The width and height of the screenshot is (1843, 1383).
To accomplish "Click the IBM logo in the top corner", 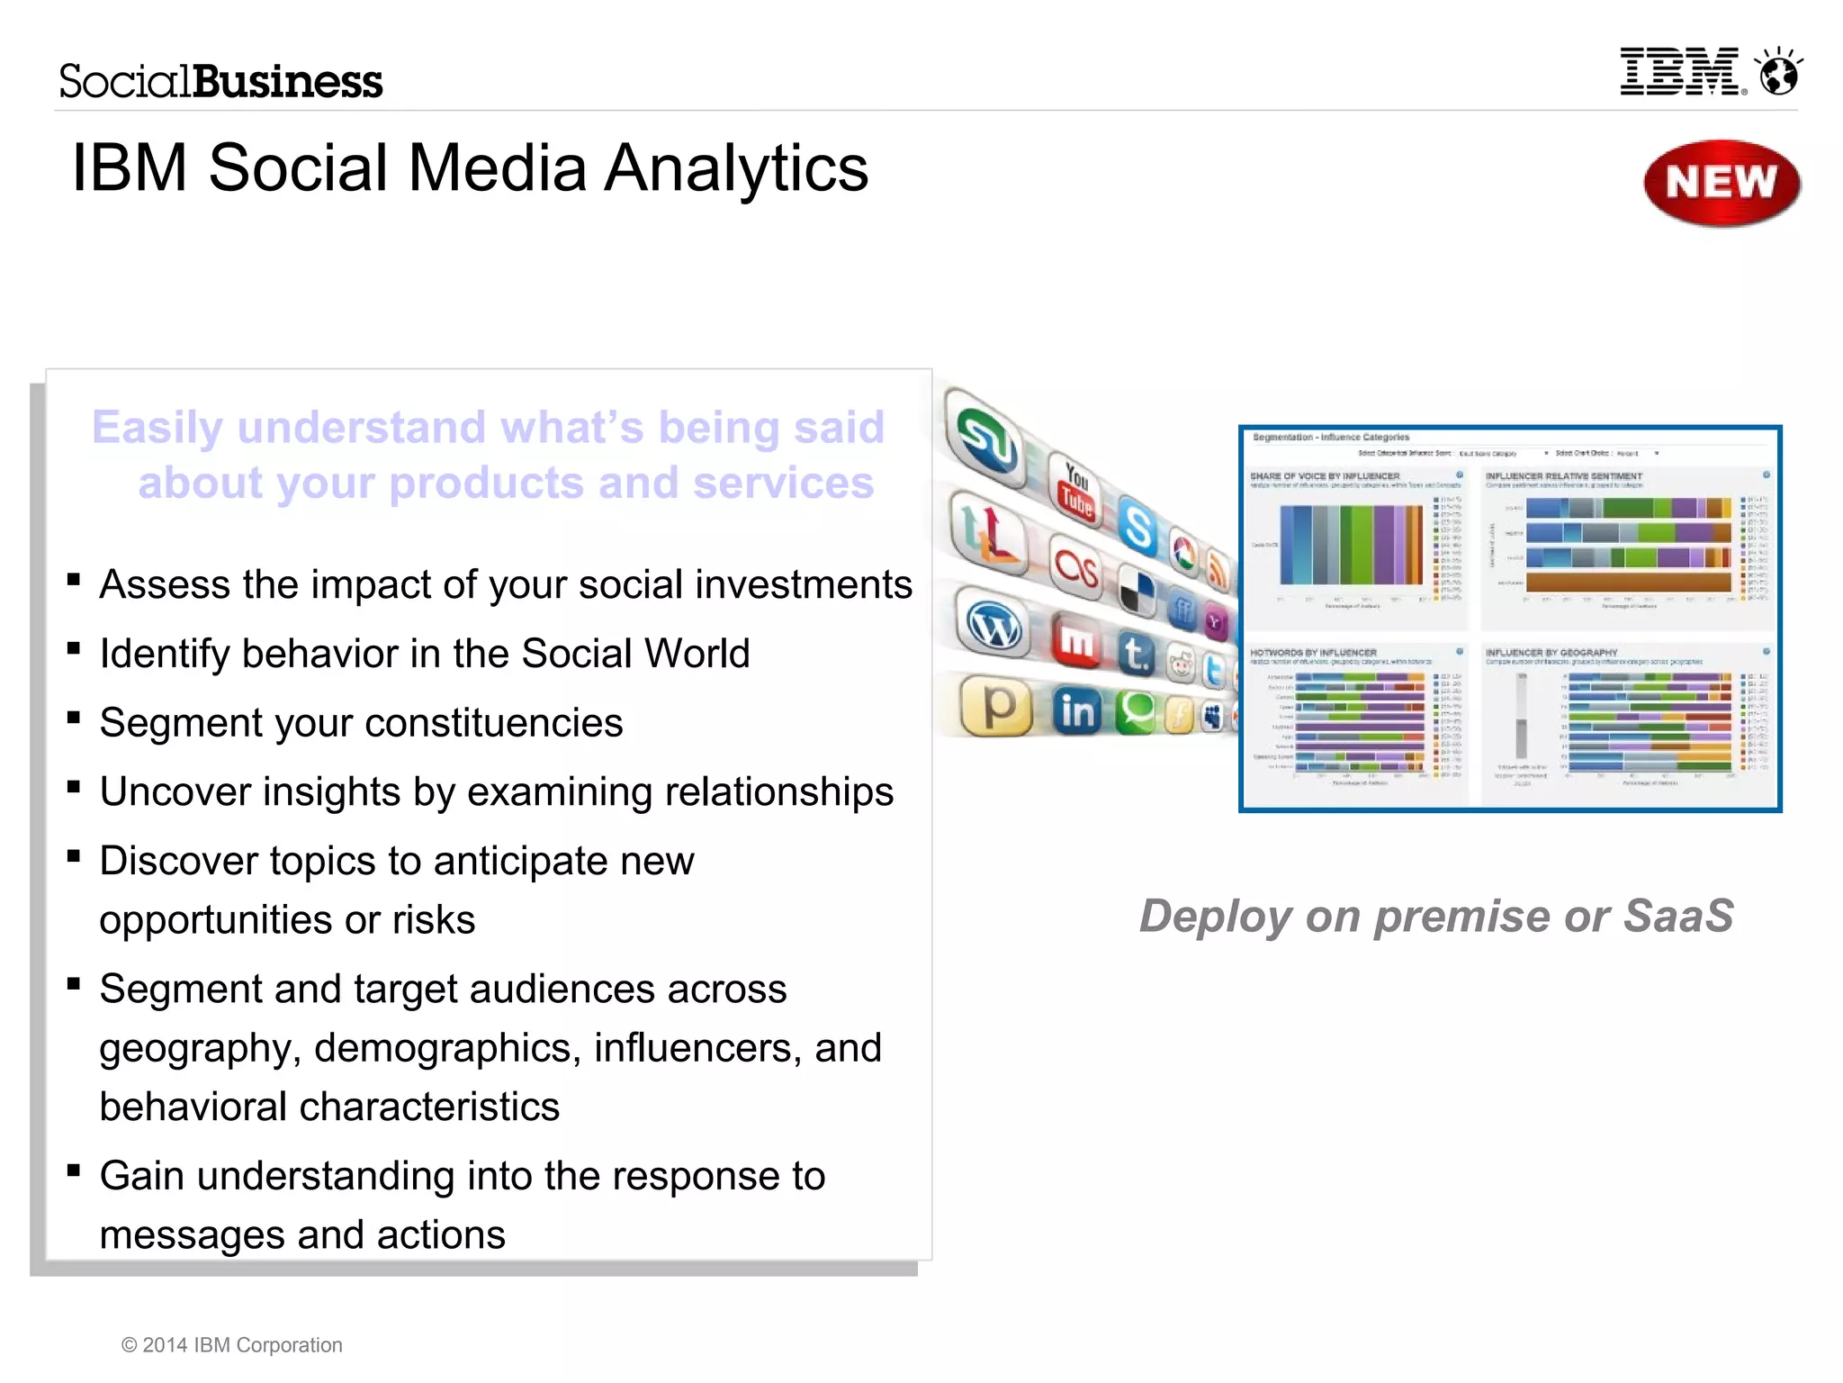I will (1681, 73).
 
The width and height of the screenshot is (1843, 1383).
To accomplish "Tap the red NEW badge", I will (1721, 183).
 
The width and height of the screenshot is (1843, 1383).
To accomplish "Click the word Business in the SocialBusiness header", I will (288, 82).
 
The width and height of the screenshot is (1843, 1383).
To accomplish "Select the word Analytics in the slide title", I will (735, 168).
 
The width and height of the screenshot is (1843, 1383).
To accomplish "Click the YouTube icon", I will (1076, 491).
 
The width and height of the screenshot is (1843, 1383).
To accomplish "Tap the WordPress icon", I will (993, 626).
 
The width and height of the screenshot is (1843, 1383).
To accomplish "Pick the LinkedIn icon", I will (1077, 711).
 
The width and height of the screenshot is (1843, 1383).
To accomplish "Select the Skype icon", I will (1138, 527).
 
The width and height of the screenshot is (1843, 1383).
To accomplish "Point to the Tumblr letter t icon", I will (1136, 653).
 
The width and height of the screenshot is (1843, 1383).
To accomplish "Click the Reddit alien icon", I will (1180, 664).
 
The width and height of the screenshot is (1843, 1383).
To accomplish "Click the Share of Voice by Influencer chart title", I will (1325, 476).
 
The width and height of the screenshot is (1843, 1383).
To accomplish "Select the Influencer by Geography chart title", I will (1551, 652).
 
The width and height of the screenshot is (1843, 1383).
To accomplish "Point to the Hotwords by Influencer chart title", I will (1313, 652).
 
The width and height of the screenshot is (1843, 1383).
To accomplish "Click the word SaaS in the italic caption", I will (1677, 917).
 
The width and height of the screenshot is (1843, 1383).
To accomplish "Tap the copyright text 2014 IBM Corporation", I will (232, 1345).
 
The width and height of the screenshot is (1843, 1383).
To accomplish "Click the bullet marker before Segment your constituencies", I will (74, 718).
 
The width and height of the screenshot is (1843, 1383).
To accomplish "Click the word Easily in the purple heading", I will (157, 428).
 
